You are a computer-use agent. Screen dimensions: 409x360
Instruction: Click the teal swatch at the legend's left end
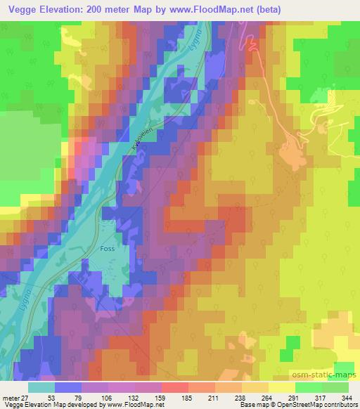click(x=41, y=387)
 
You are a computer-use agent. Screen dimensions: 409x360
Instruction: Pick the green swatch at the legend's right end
click(x=335, y=387)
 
